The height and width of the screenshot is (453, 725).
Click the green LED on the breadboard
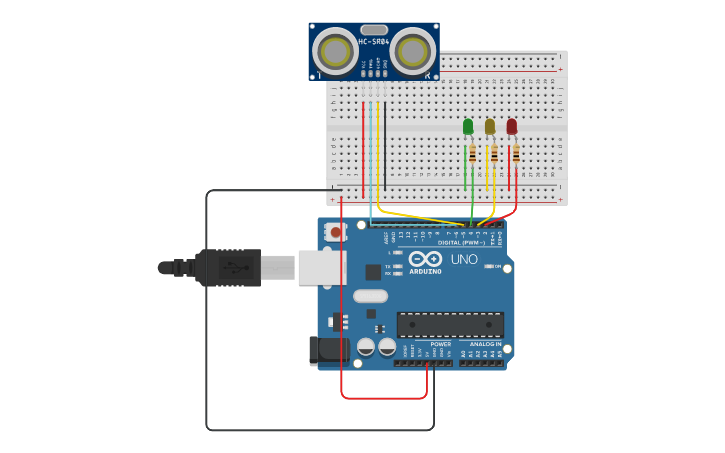(468, 126)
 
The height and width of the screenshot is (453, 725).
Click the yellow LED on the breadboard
(490, 126)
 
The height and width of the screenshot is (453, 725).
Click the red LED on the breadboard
(512, 126)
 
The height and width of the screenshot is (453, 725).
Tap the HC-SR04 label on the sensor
(373, 42)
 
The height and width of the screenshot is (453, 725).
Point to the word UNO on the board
(464, 259)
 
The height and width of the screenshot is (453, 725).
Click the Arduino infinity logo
(424, 258)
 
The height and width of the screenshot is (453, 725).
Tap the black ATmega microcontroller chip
(450, 324)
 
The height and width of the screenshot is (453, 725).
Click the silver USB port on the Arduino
(322, 268)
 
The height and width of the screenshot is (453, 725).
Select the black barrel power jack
(329, 349)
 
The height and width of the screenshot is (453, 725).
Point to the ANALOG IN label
(486, 344)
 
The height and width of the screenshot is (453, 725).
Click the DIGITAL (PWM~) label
(461, 242)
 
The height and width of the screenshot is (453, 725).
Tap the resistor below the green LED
(472, 153)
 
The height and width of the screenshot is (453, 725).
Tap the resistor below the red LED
(516, 153)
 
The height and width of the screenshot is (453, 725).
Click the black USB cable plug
(228, 268)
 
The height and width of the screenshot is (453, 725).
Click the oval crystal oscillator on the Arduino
(370, 296)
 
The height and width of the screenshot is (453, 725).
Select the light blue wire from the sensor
(370, 150)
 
